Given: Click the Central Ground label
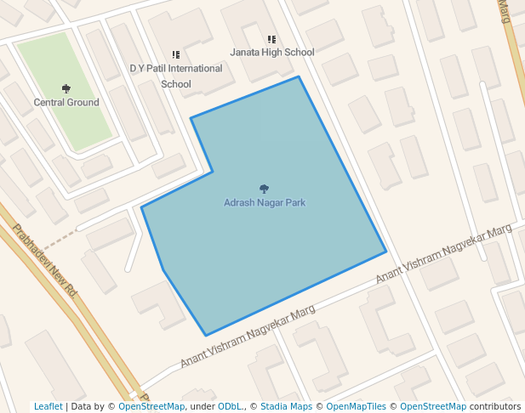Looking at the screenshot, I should click(x=66, y=103).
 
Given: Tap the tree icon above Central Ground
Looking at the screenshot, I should click(x=66, y=88).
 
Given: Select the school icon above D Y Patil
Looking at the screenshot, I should click(x=176, y=54).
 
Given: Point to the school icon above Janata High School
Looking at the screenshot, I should click(x=271, y=39).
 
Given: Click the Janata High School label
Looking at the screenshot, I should click(x=272, y=53).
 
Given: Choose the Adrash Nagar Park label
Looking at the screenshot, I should click(x=264, y=203).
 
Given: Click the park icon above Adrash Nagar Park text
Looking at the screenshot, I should click(x=264, y=189).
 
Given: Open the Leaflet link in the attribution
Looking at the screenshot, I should click(x=48, y=407).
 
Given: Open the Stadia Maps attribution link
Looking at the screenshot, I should click(x=286, y=407).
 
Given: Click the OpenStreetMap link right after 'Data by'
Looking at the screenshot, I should click(x=151, y=407).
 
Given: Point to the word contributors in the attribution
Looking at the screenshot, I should click(x=495, y=407).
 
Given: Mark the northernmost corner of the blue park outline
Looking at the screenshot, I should click(x=299, y=77).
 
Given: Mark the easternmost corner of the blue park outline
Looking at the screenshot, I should click(x=386, y=252).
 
